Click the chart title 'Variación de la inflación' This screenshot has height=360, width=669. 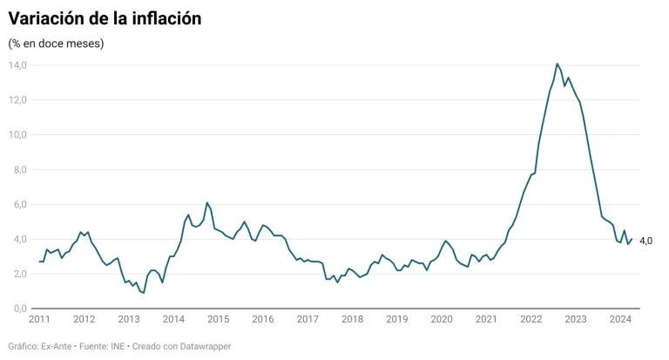tap(105, 18)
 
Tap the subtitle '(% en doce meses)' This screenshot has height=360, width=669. tap(56, 44)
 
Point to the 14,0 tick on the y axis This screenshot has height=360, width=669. tap(18, 65)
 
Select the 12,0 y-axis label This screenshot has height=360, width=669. tap(18, 100)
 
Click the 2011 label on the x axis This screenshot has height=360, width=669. tap(40, 320)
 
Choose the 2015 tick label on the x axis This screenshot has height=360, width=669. tap(218, 320)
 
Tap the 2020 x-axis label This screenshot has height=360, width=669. tap(442, 320)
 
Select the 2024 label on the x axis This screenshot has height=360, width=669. tap(620, 320)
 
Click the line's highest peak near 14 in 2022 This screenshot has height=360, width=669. tap(557, 64)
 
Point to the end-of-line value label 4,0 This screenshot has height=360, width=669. tap(646, 241)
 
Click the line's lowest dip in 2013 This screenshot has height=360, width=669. tap(143, 293)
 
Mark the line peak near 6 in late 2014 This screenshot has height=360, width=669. tap(207, 203)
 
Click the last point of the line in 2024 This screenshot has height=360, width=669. tap(632, 240)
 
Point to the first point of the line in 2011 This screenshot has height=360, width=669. tap(39, 262)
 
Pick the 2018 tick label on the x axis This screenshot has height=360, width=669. tap(352, 320)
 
